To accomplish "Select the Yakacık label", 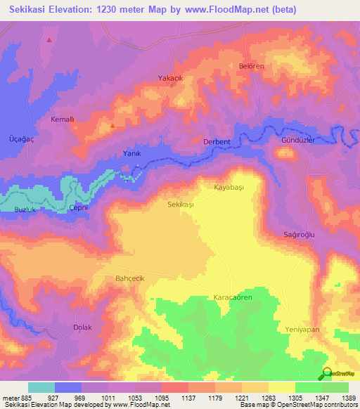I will pos(170,78).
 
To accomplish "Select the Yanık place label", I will pos(133,153).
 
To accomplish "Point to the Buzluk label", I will pos(25,210).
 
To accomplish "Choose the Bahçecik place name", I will pos(129,278).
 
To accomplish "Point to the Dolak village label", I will pos(83,327).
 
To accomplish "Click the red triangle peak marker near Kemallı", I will pos(112,125).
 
